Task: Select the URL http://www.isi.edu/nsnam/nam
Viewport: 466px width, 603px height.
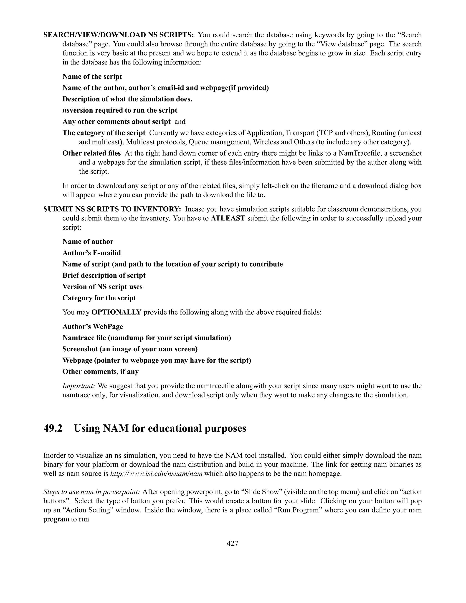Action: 156,474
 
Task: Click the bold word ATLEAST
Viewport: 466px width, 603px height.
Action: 228,218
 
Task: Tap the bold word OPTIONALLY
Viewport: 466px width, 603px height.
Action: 116,312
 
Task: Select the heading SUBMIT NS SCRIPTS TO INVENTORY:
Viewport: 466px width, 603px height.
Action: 112,209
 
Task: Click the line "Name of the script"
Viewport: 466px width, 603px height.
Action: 92,76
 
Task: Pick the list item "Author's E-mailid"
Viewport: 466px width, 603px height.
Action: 92,253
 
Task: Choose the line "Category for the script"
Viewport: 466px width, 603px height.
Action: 99,298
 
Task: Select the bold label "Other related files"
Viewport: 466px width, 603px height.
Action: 91,153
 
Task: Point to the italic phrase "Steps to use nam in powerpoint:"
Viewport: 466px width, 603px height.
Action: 92,492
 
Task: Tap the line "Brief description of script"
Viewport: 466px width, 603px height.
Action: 104,276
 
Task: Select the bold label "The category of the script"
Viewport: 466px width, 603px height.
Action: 104,133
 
